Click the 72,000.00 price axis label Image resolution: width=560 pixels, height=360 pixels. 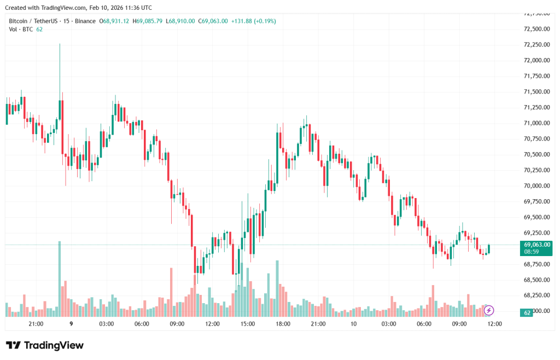[x=536, y=60]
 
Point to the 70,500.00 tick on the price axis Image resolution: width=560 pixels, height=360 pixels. [x=536, y=154]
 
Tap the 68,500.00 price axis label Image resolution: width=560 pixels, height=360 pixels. [x=536, y=280]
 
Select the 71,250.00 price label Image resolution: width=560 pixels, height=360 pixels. [x=536, y=107]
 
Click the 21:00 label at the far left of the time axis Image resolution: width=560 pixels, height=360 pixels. [x=36, y=324]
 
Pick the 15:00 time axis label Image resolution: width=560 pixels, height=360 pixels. [x=248, y=324]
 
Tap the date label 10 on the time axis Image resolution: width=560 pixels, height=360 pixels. [x=353, y=324]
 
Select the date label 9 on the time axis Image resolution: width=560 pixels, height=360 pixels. [x=71, y=324]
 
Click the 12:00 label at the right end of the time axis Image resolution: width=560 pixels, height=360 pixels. [x=494, y=324]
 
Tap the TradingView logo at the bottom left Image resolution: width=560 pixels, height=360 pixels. [x=45, y=345]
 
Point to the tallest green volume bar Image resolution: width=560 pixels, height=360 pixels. [x=60, y=278]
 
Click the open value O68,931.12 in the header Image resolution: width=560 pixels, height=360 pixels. [x=114, y=21]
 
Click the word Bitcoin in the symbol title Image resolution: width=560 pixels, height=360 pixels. [x=19, y=21]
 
